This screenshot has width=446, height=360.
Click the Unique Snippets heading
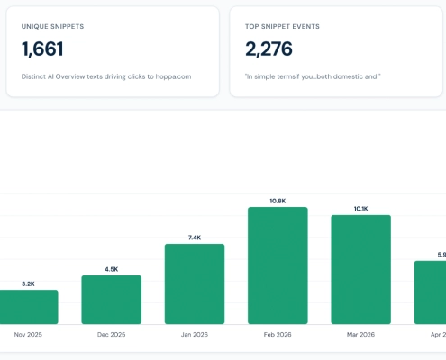52,26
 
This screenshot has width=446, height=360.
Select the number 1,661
42,49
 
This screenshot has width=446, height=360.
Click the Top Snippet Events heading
282,26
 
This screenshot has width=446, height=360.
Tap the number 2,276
269,49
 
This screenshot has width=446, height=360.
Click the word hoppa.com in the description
173,76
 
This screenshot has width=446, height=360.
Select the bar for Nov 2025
29,307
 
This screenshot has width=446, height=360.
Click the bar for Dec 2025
112,300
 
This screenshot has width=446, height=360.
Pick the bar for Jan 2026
195,284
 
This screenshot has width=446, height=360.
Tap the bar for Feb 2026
278,265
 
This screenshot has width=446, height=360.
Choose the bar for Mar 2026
361,269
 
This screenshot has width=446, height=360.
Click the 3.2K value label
28,283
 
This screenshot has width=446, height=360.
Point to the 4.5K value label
112,269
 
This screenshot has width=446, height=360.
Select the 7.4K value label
195,238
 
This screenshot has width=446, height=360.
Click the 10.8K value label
278,201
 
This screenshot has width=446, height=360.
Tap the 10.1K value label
361,209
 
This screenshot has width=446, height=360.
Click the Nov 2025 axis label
28,334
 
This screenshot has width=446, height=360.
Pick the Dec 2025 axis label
112,334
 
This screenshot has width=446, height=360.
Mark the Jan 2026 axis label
195,334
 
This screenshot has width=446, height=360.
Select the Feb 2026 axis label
278,334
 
